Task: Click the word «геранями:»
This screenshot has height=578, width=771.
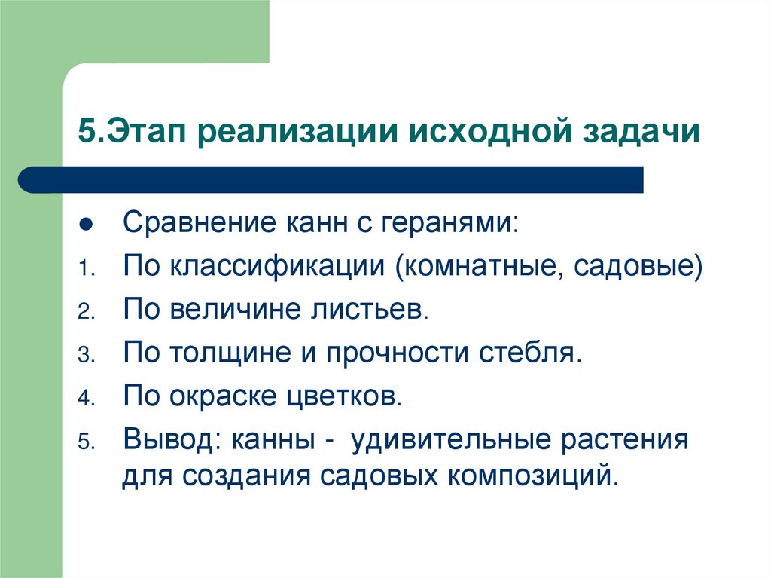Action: point(451,223)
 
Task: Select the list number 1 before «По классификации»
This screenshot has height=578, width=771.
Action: point(84,268)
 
